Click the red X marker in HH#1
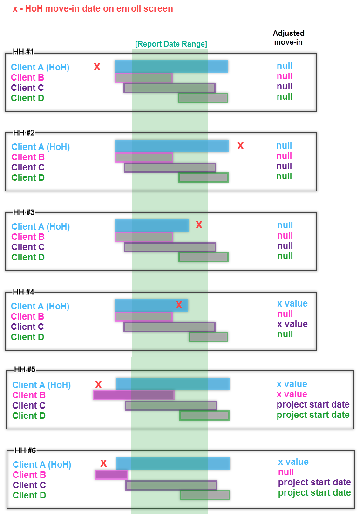(x=97, y=67)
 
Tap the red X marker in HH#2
(x=240, y=146)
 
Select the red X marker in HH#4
(x=179, y=305)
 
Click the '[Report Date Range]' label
(x=171, y=44)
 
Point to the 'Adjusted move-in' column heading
(x=288, y=38)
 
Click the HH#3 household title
(x=24, y=212)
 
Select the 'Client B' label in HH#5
(x=29, y=395)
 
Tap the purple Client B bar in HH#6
(x=111, y=475)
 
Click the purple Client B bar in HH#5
(x=134, y=395)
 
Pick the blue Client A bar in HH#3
(x=152, y=225)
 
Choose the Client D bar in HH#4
(x=208, y=336)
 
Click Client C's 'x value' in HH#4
(x=292, y=324)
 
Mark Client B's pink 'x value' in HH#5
(x=292, y=394)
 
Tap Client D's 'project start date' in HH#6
(x=314, y=492)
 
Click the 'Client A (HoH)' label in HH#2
(x=41, y=147)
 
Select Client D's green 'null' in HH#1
(x=285, y=96)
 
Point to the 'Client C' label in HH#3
(x=28, y=247)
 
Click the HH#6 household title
(x=26, y=450)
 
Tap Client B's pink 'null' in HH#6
(x=286, y=472)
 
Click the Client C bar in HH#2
(x=170, y=167)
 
